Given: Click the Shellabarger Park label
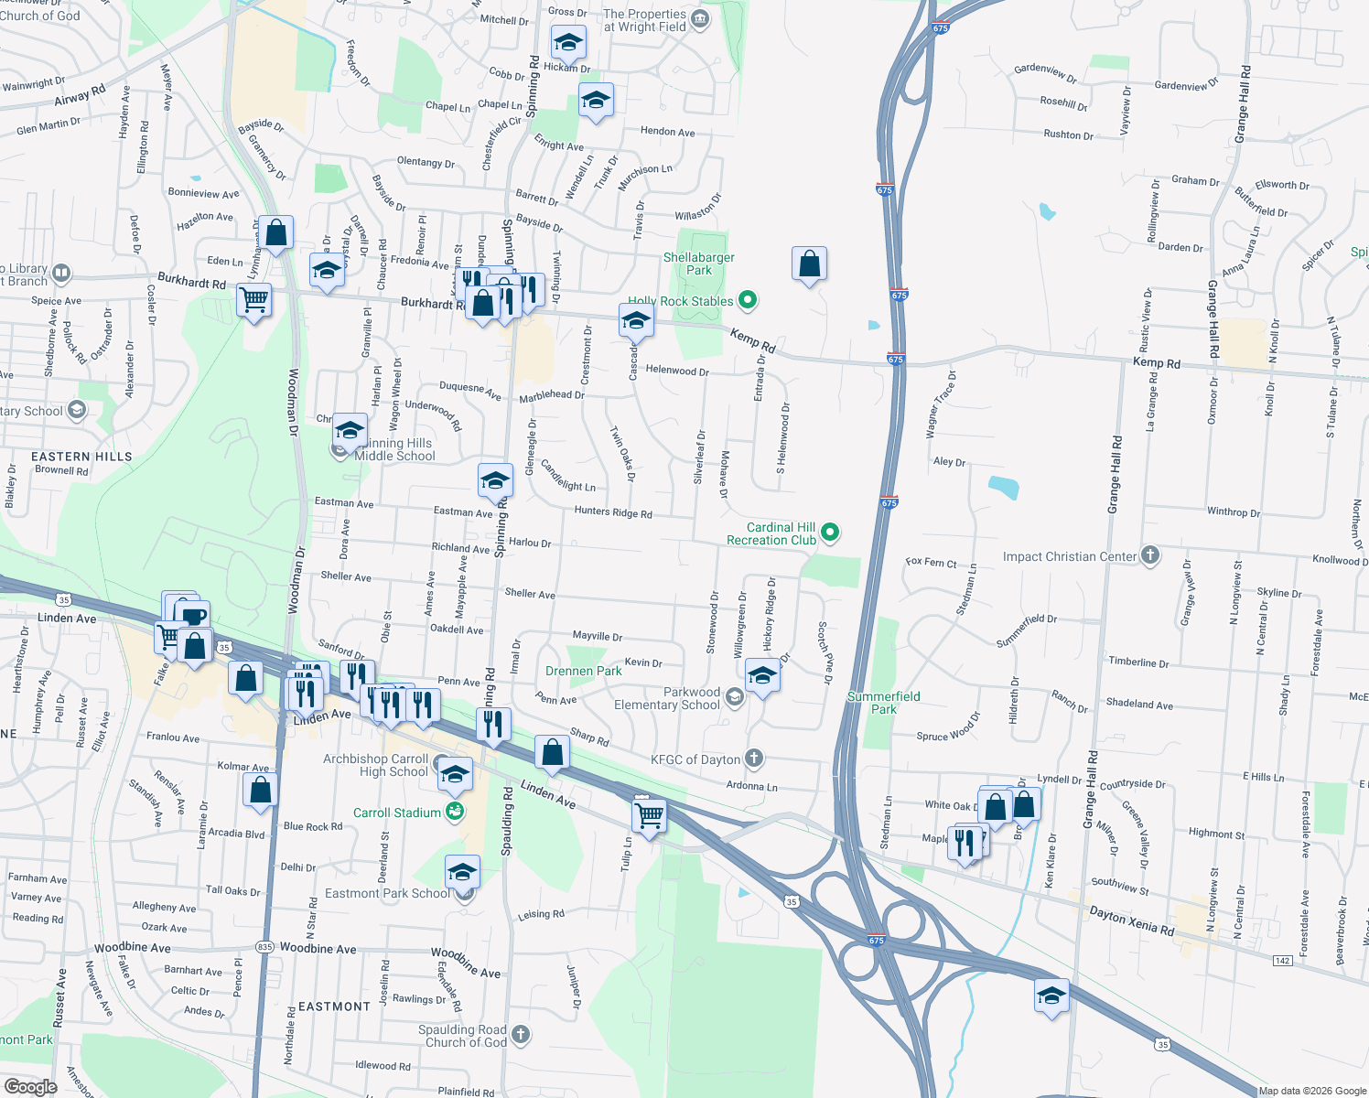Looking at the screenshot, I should pos(698,264).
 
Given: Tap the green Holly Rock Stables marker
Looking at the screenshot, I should pos(748,299).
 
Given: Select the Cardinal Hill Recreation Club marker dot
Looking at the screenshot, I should pos(830,532).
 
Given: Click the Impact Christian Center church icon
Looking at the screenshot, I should pos(1150,555).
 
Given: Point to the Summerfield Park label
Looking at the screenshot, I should pos(883,703).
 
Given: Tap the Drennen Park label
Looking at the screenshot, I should pos(583,671).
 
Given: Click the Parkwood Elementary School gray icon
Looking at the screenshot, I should pos(734,698).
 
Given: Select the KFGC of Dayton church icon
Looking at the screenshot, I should pos(753,759).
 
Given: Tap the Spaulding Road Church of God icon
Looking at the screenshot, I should pos(520,1035).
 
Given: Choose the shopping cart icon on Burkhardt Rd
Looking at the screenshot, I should pos(253,298).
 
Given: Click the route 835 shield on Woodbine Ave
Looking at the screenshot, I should pos(264,947).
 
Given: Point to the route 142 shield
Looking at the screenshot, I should pos(1282,960).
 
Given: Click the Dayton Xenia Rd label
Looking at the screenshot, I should pos(1131,920).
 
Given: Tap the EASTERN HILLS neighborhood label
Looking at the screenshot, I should pos(81,457).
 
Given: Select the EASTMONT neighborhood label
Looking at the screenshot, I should pos(334,1006).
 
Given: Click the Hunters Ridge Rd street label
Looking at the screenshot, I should pos(613,512).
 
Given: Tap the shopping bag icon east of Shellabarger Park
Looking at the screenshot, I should pos(809,264).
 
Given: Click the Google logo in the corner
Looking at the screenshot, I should pos(30,1087).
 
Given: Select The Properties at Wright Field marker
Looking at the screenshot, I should pos(700,20).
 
